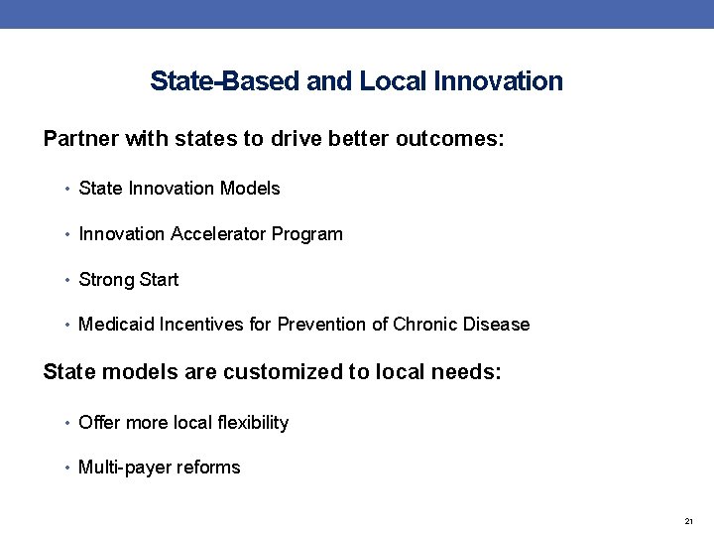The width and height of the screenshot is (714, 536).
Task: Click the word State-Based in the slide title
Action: (225, 81)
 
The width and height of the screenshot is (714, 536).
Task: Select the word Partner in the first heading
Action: (81, 138)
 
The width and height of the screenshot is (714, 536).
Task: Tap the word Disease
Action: (497, 325)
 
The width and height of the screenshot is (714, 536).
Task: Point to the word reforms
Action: (209, 468)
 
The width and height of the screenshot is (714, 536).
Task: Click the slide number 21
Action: (689, 521)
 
